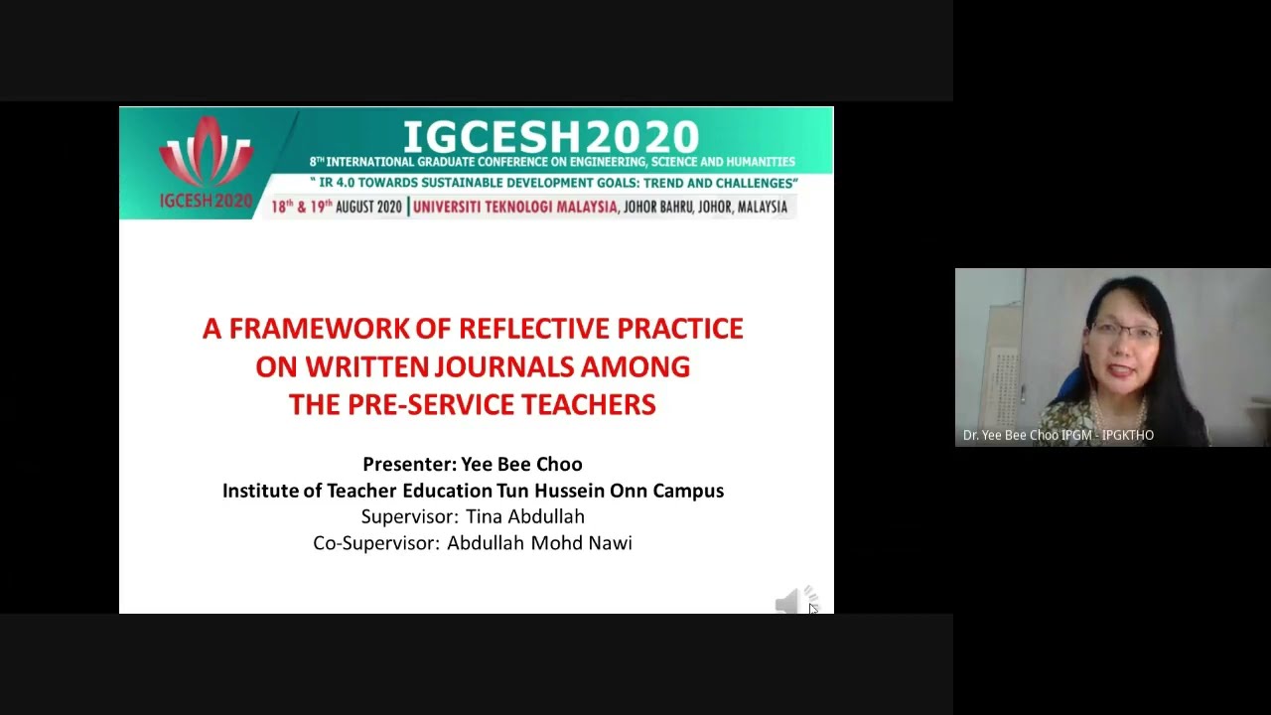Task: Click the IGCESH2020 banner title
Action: (551, 137)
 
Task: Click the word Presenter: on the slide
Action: (409, 464)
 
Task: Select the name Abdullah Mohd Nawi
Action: (539, 542)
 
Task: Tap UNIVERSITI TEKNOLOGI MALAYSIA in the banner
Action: (514, 207)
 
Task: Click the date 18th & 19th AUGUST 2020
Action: (336, 207)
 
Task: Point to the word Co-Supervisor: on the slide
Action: (375, 542)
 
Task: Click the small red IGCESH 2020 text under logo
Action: (206, 201)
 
